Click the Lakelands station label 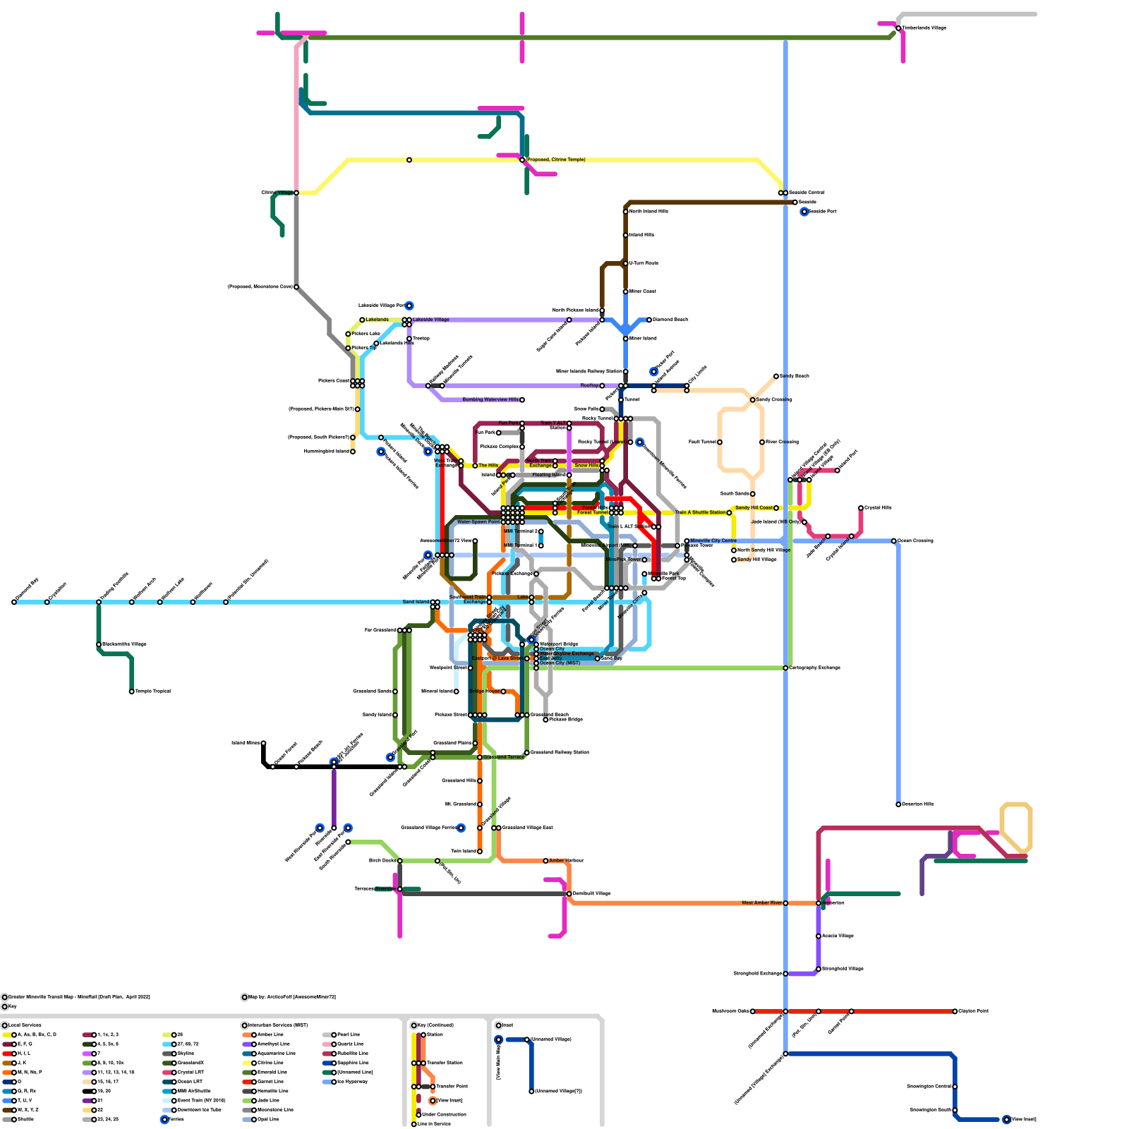[377, 320]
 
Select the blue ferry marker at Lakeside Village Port [409, 306]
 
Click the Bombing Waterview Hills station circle [522, 400]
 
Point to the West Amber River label [761, 903]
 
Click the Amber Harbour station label [567, 861]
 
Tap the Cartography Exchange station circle [785, 668]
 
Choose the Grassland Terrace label [504, 757]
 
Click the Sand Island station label [416, 602]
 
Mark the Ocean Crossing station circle [894, 541]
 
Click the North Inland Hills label [648, 211]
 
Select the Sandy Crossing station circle [753, 400]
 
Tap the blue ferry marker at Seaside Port [804, 212]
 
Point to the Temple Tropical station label [152, 692]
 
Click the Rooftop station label [589, 385]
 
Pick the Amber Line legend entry [270, 1034]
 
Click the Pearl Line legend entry [348, 1034]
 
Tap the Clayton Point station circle [955, 1011]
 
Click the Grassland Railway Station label [559, 752]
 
